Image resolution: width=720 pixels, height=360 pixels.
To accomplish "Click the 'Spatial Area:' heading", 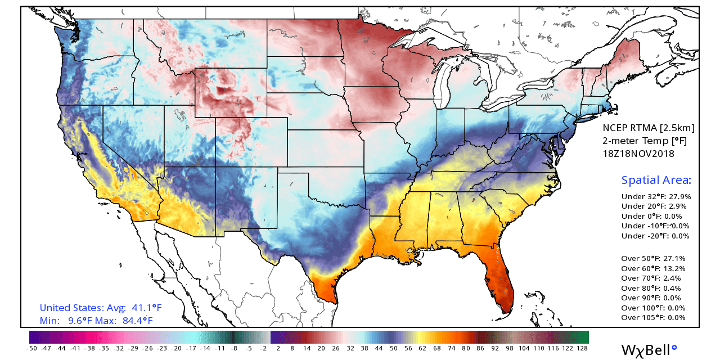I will (x=656, y=181).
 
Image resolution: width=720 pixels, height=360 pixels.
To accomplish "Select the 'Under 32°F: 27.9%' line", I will (x=656, y=197).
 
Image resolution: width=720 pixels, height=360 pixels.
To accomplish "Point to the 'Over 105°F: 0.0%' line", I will (x=653, y=318).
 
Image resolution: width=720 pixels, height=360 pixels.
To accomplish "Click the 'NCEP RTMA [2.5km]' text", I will (x=649, y=128).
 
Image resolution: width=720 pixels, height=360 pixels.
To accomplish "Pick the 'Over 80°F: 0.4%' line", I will (x=651, y=288).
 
